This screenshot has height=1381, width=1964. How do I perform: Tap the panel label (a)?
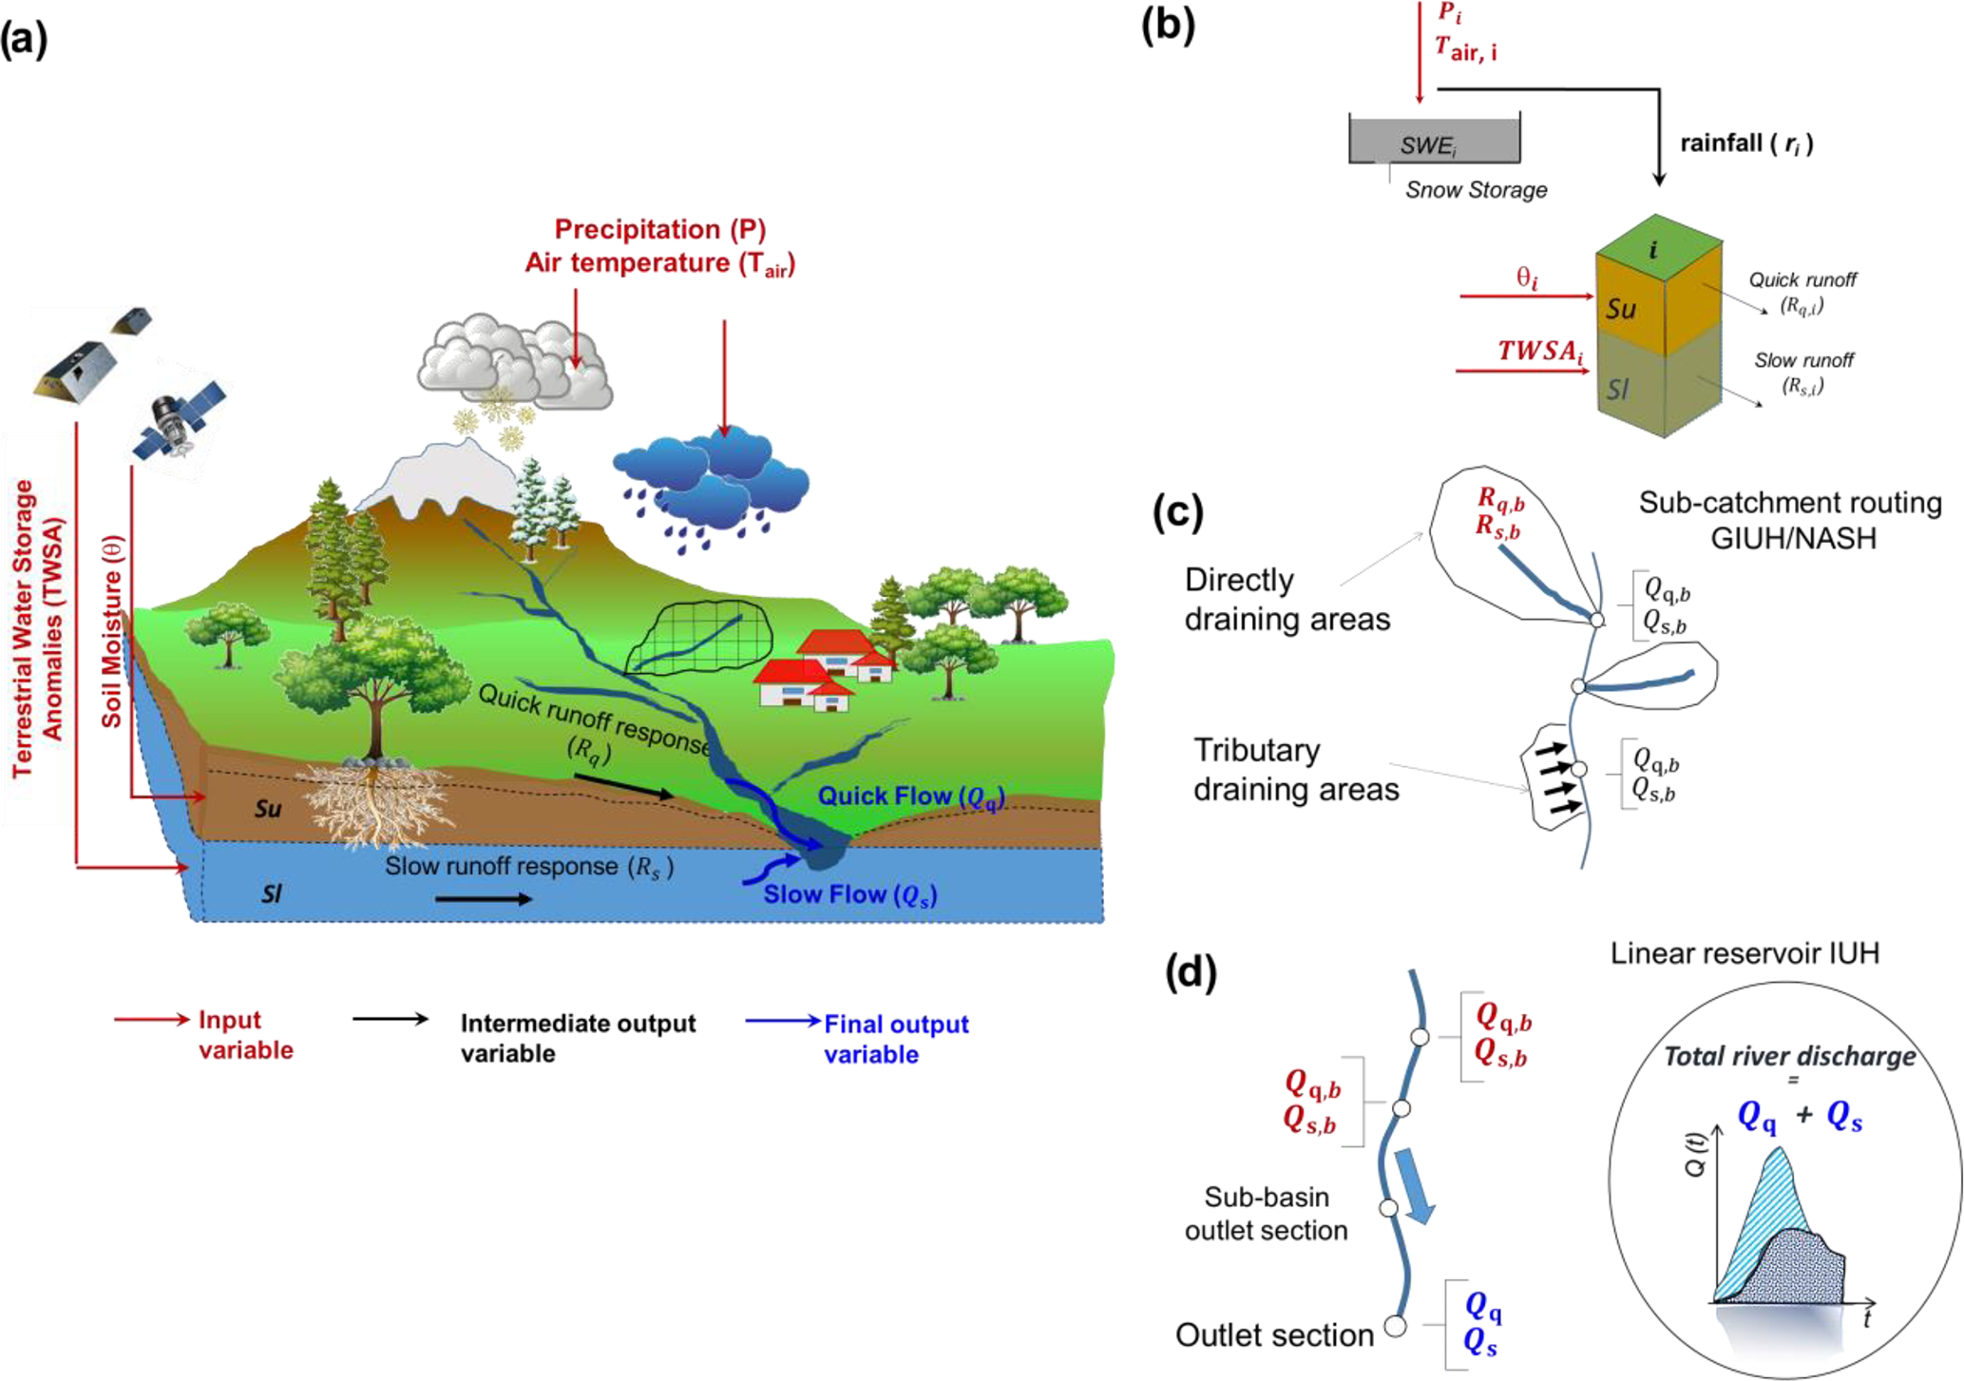pos(24,41)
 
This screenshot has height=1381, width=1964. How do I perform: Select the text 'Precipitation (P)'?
pos(659,229)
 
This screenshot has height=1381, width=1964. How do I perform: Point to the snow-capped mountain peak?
pos(437,475)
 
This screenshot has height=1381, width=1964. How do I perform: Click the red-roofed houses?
pos(822,670)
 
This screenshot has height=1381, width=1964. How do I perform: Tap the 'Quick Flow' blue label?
pos(910,796)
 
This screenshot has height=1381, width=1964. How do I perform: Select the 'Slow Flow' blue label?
pos(849,894)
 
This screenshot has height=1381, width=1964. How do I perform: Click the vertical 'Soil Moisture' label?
pos(112,632)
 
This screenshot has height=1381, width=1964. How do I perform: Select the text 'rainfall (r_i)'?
pos(1745,144)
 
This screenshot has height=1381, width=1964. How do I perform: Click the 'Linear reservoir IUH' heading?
pos(1745,953)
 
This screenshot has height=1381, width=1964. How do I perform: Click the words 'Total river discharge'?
pos(1788,1056)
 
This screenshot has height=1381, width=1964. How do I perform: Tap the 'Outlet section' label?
pos(1273,1334)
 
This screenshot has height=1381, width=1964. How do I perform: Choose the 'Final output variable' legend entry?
pos(895,1039)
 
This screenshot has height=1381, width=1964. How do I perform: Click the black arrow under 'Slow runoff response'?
pos(484,898)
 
